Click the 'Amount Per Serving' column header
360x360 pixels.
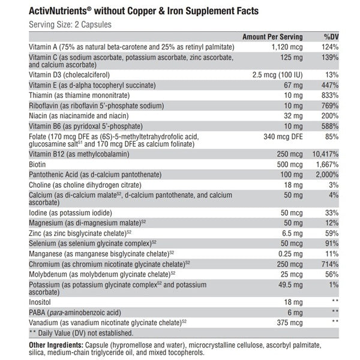[272, 37]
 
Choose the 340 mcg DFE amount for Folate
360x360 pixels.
[282, 136]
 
